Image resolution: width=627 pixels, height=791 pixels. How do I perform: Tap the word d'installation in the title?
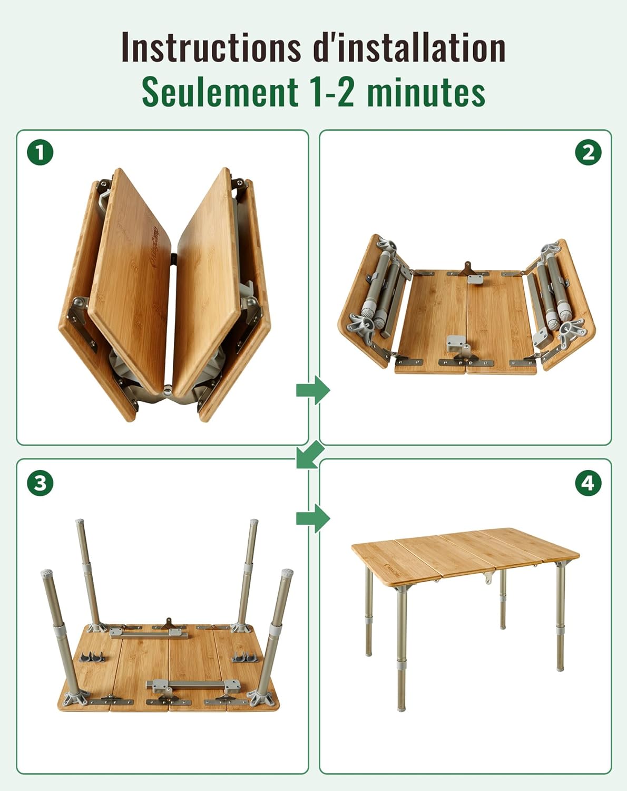coord(409,47)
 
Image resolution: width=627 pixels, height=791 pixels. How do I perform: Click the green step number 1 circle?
coord(40,152)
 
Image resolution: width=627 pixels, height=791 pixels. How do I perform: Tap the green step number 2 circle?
coord(588,152)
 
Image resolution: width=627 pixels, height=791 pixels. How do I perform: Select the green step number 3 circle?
coord(40,483)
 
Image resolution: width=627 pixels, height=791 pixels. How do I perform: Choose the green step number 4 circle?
coord(588,483)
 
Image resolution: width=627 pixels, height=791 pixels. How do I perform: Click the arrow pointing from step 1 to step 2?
coord(313,390)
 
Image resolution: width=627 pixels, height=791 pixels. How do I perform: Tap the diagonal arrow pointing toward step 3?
coord(310,455)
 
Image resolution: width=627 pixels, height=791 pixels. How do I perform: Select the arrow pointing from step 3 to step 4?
coord(313,519)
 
